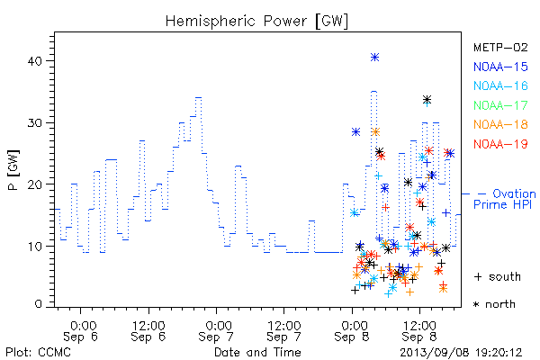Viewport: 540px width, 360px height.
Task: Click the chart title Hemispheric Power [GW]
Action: [x=256, y=22]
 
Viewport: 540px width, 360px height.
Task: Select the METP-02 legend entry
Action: [x=500, y=47]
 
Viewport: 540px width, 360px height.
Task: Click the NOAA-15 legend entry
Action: [x=500, y=67]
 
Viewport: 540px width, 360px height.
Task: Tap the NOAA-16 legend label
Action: [x=500, y=85]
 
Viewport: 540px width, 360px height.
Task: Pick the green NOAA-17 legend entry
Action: [x=500, y=105]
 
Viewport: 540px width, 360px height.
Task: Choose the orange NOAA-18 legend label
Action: [x=500, y=124]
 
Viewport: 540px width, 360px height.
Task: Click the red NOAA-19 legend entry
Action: [x=500, y=144]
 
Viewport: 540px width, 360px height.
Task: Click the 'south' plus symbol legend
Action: [x=498, y=276]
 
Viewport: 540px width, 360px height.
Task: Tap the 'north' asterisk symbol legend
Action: [x=494, y=304]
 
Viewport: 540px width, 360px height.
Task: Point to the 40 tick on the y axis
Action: [x=34, y=61]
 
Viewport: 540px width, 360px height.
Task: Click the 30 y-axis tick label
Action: [x=34, y=123]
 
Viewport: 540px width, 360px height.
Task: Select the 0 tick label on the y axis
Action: [x=38, y=304]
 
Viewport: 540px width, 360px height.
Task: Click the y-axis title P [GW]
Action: [x=13, y=170]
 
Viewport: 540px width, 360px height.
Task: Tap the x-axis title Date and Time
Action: [x=257, y=353]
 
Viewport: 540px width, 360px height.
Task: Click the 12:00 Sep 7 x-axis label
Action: [x=284, y=330]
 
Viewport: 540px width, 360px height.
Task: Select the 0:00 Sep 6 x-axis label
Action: [x=81, y=330]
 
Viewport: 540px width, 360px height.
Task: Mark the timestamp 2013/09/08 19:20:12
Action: [x=461, y=353]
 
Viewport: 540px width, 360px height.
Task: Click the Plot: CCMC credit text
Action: [x=38, y=353]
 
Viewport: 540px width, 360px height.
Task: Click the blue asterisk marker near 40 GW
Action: [x=374, y=58]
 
